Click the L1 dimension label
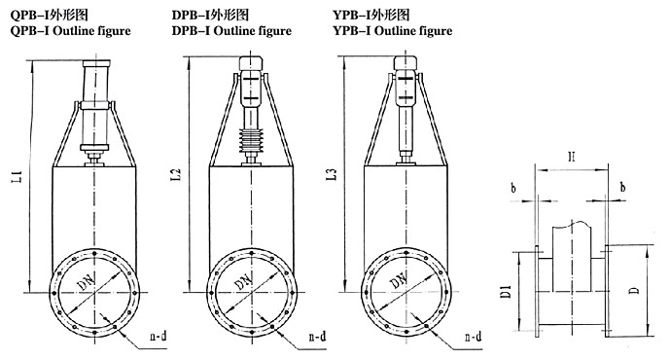click(17, 176)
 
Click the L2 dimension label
click(176, 174)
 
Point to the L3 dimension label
click(332, 174)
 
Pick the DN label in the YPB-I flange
click(400, 280)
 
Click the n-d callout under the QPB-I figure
click(159, 336)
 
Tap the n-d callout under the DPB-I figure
click(317, 336)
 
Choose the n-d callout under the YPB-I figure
click(473, 337)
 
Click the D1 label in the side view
click(506, 291)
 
